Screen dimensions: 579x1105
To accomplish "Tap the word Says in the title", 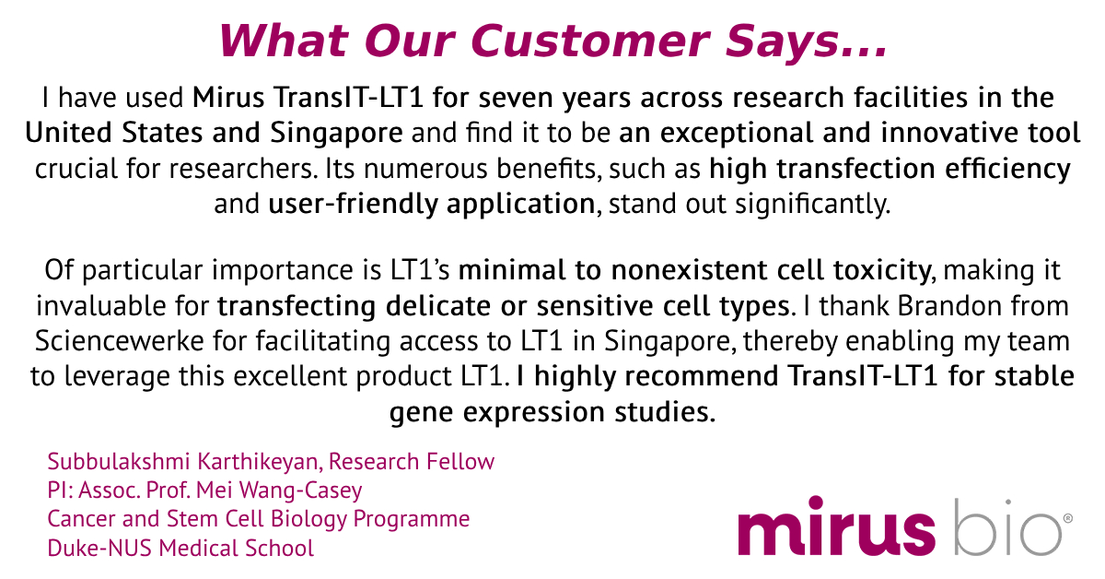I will click(785, 41).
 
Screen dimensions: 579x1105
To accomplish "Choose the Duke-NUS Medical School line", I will click(180, 549).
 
